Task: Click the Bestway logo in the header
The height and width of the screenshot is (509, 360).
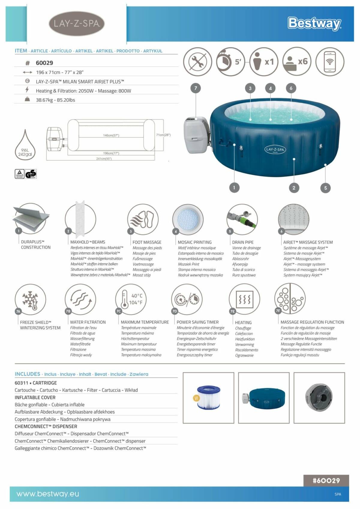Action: (x=314, y=23)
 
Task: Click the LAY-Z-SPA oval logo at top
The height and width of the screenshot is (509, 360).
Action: (x=76, y=24)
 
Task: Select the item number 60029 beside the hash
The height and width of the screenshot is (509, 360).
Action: (x=44, y=63)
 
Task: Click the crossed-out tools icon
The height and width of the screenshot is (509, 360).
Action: (x=198, y=62)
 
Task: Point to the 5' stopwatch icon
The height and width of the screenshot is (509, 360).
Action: (x=230, y=62)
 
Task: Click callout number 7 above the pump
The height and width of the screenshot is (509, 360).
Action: (x=196, y=88)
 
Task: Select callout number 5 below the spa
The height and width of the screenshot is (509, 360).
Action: (x=325, y=188)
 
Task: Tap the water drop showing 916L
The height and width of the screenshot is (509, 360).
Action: (x=25, y=147)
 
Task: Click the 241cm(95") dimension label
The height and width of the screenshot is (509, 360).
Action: (x=104, y=159)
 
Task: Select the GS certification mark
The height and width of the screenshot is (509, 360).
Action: (x=31, y=174)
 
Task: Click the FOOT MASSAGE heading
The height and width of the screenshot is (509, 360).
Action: (x=147, y=242)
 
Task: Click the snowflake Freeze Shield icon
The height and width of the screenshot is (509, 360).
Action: (x=30, y=299)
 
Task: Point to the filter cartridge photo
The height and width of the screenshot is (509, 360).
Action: (x=208, y=397)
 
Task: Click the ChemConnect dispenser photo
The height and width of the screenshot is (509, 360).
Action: (x=319, y=397)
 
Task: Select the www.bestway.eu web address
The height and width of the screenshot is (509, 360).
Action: (x=48, y=494)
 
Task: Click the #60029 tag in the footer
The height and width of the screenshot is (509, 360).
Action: (x=326, y=481)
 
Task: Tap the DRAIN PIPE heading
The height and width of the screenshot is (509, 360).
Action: (x=242, y=242)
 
